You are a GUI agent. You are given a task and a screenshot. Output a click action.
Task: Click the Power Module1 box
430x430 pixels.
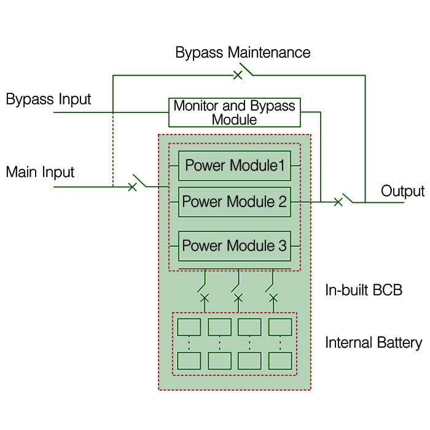pyautogui.click(x=235, y=165)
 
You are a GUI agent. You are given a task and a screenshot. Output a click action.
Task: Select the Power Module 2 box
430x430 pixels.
pyautogui.click(x=235, y=201)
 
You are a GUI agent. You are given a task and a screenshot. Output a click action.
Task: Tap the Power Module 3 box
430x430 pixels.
pyautogui.click(x=235, y=246)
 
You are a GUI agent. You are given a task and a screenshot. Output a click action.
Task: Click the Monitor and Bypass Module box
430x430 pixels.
pyautogui.click(x=234, y=112)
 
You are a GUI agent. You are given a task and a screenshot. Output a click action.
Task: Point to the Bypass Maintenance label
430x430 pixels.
pyautogui.click(x=243, y=52)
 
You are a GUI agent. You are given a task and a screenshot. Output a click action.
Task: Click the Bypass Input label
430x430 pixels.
pyautogui.click(x=49, y=99)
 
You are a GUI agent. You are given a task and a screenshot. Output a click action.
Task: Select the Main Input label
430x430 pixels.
pyautogui.click(x=40, y=171)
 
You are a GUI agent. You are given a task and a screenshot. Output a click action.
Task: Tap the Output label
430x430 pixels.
pyautogui.click(x=402, y=191)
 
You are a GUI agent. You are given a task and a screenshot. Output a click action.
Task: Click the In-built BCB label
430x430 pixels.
pyautogui.click(x=364, y=290)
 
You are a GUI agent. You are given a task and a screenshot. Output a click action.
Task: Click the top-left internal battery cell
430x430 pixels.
pyautogui.click(x=189, y=327)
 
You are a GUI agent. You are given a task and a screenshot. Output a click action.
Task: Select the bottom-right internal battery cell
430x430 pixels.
pyautogui.click(x=280, y=360)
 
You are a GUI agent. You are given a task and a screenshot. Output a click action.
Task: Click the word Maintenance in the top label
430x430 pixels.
pyautogui.click(x=269, y=52)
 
